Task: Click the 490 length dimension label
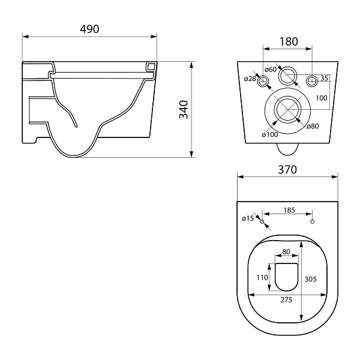tap(89, 29)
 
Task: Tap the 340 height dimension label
tap(184, 110)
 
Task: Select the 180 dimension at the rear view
tap(289, 41)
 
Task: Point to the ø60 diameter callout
tap(271, 69)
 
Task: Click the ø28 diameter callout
tap(250, 79)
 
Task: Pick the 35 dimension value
tap(324, 78)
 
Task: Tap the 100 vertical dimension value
tap(322, 98)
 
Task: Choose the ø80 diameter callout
tap(313, 126)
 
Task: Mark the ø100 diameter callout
tap(270, 134)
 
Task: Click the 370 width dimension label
tap(287, 170)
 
